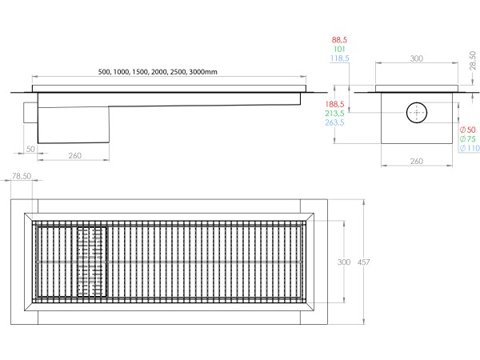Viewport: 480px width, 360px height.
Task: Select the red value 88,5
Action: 342,38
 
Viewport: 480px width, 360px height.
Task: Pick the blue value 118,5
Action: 342,58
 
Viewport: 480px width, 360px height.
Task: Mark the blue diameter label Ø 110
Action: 467,149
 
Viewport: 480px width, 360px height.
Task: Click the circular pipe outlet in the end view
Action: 416,113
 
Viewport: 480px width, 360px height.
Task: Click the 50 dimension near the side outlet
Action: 29,150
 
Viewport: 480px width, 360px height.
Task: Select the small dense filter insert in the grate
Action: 91,261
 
